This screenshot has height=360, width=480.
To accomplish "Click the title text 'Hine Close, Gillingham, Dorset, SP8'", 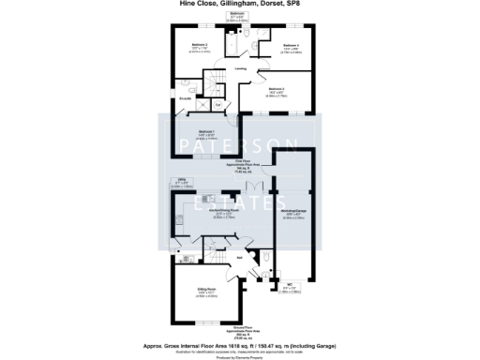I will [239, 4].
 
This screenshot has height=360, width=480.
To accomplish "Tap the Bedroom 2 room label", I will [200, 45].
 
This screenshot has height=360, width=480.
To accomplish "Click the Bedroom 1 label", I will [206, 131].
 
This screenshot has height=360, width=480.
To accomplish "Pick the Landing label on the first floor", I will [241, 68].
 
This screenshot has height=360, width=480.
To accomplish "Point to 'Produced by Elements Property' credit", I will [239, 357].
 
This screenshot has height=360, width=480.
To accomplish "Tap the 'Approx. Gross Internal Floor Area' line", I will [239, 344].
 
